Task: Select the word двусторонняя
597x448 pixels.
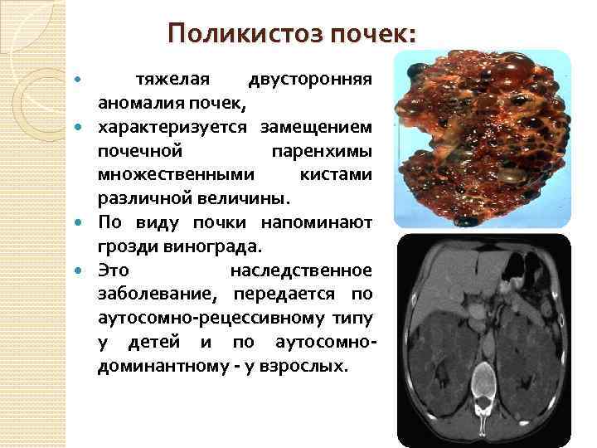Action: [x=309, y=80]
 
